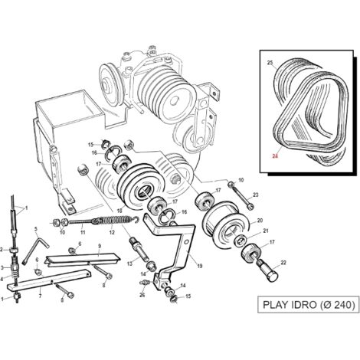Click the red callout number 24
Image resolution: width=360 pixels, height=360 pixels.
(275, 156)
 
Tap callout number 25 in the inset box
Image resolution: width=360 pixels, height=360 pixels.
(270, 63)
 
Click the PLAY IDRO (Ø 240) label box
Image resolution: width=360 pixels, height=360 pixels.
(309, 305)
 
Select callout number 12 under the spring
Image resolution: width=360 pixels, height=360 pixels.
(112, 232)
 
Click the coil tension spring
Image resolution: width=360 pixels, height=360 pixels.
(115, 221)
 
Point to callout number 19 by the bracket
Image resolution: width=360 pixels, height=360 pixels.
(200, 266)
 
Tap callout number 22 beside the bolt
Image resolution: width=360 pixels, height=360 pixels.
(283, 263)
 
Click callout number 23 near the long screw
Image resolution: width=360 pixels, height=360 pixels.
(256, 195)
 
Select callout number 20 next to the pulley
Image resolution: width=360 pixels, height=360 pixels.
(260, 221)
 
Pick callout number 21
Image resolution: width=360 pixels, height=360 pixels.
(266, 231)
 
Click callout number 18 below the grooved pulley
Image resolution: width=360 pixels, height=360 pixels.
(119, 211)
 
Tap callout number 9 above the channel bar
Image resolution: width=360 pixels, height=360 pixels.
(100, 246)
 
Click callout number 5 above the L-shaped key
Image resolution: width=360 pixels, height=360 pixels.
(36, 228)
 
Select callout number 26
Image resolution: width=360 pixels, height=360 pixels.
(142, 295)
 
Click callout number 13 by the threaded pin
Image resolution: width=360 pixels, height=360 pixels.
(130, 263)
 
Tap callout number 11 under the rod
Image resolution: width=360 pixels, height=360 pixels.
(83, 232)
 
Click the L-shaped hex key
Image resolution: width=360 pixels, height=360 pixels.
(35, 250)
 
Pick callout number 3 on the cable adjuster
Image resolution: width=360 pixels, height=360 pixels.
(2, 267)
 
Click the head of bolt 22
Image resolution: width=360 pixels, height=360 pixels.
(272, 277)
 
